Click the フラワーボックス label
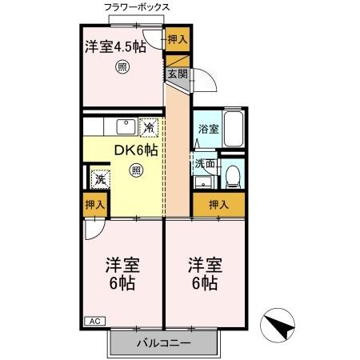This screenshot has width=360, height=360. (137, 8)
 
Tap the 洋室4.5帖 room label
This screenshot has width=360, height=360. (116, 46)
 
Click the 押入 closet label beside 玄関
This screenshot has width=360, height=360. (178, 39)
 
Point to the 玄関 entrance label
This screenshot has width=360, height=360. (177, 74)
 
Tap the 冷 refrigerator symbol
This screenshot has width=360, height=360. (150, 126)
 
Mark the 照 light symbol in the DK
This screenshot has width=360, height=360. (136, 170)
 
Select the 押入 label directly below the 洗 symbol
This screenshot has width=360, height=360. (94, 205)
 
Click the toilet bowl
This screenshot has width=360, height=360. (232, 174)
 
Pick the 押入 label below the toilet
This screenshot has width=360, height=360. (218, 205)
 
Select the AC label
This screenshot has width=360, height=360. (94, 322)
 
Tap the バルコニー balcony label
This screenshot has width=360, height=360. (162, 343)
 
